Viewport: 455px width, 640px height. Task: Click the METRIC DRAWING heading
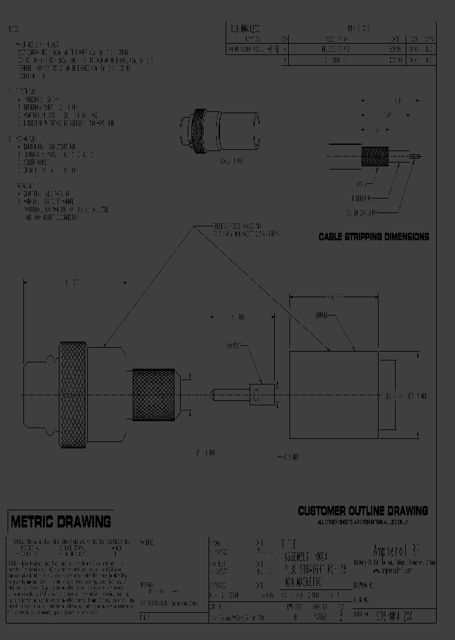click(60, 522)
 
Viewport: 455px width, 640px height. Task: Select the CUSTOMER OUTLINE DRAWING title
click(363, 511)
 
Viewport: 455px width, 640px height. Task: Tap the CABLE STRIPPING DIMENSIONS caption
click(373, 237)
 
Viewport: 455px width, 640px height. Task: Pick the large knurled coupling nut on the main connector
click(73, 395)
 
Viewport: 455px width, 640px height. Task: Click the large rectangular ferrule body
click(332, 395)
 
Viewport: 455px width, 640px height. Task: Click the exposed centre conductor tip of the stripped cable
click(414, 156)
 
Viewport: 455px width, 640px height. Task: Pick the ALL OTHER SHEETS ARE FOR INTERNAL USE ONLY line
click(363, 522)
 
